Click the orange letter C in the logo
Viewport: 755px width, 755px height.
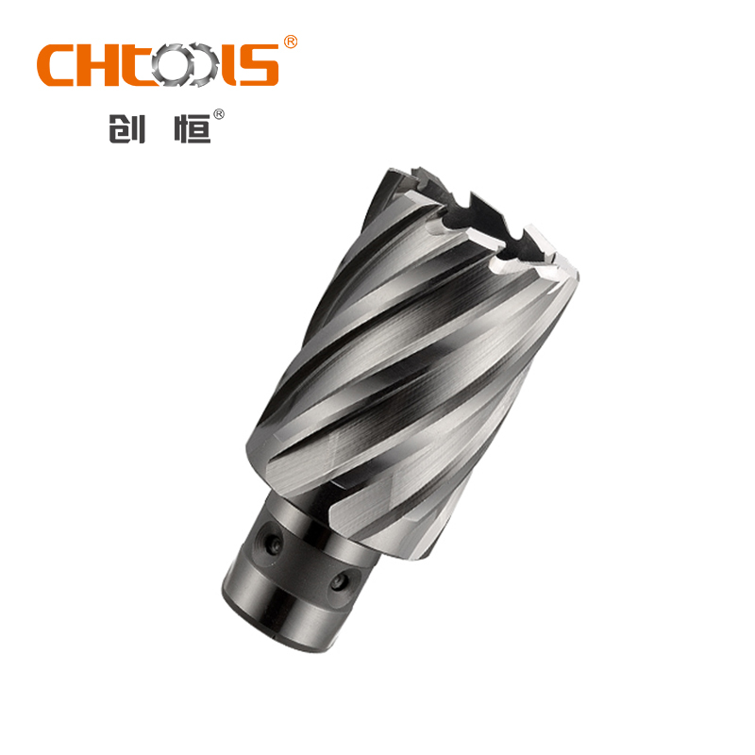pos(54,65)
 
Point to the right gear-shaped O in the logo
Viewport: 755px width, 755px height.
pos(201,65)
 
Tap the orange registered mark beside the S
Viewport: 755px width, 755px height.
pos(290,42)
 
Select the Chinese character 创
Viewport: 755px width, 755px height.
pos(126,128)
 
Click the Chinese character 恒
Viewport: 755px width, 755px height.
pos(193,128)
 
